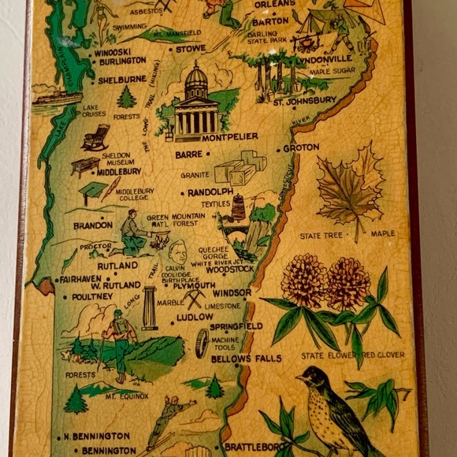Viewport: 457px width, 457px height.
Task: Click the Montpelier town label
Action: tap(229, 137)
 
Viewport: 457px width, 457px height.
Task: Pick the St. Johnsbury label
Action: tap(305, 102)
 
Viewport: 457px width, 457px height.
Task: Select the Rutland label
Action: tap(117, 266)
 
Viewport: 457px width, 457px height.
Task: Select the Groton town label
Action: tap(300, 147)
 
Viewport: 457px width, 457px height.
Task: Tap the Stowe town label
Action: tap(190, 48)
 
